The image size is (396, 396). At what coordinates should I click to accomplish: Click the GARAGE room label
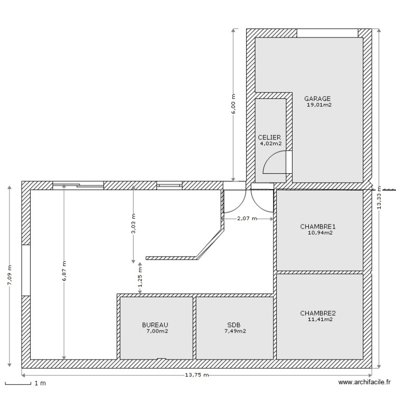point(317,98)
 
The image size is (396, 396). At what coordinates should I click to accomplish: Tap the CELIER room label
point(269,137)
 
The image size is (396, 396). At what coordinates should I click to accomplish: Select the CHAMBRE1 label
point(318,227)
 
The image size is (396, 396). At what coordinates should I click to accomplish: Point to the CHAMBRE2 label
point(318,313)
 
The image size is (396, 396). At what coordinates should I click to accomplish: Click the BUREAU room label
point(155,325)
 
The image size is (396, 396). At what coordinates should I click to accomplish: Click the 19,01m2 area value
point(319,105)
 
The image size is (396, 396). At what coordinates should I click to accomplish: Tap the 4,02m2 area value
point(271,143)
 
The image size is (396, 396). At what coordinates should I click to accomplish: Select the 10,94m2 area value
point(320,232)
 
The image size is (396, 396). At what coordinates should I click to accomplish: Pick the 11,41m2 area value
point(320,319)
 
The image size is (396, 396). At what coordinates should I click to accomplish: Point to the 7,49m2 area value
point(235,331)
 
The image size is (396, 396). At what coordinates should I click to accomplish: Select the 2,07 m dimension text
point(247,218)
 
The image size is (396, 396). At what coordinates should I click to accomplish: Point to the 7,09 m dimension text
point(9,275)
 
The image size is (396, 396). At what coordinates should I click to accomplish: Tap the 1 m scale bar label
point(40,383)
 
